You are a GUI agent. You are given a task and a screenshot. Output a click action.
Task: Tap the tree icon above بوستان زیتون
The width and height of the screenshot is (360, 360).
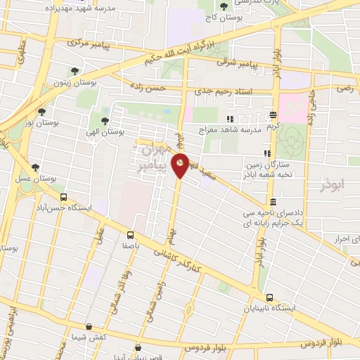coord(75,70)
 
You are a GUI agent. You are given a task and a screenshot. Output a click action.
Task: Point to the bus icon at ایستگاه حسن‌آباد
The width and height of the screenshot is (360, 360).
coord(64,198)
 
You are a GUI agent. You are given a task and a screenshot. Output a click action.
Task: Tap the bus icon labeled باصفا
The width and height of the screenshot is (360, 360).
coord(130,235)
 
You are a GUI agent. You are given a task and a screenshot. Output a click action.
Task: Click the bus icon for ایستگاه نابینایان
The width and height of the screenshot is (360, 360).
coord(271,297)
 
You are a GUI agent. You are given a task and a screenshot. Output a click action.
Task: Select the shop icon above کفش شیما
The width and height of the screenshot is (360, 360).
coord(89,326)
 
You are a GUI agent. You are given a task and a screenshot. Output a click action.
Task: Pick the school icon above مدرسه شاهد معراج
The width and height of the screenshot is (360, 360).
coord(230,119)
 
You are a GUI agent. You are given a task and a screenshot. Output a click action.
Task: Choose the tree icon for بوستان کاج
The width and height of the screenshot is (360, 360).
coord(224,6)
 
